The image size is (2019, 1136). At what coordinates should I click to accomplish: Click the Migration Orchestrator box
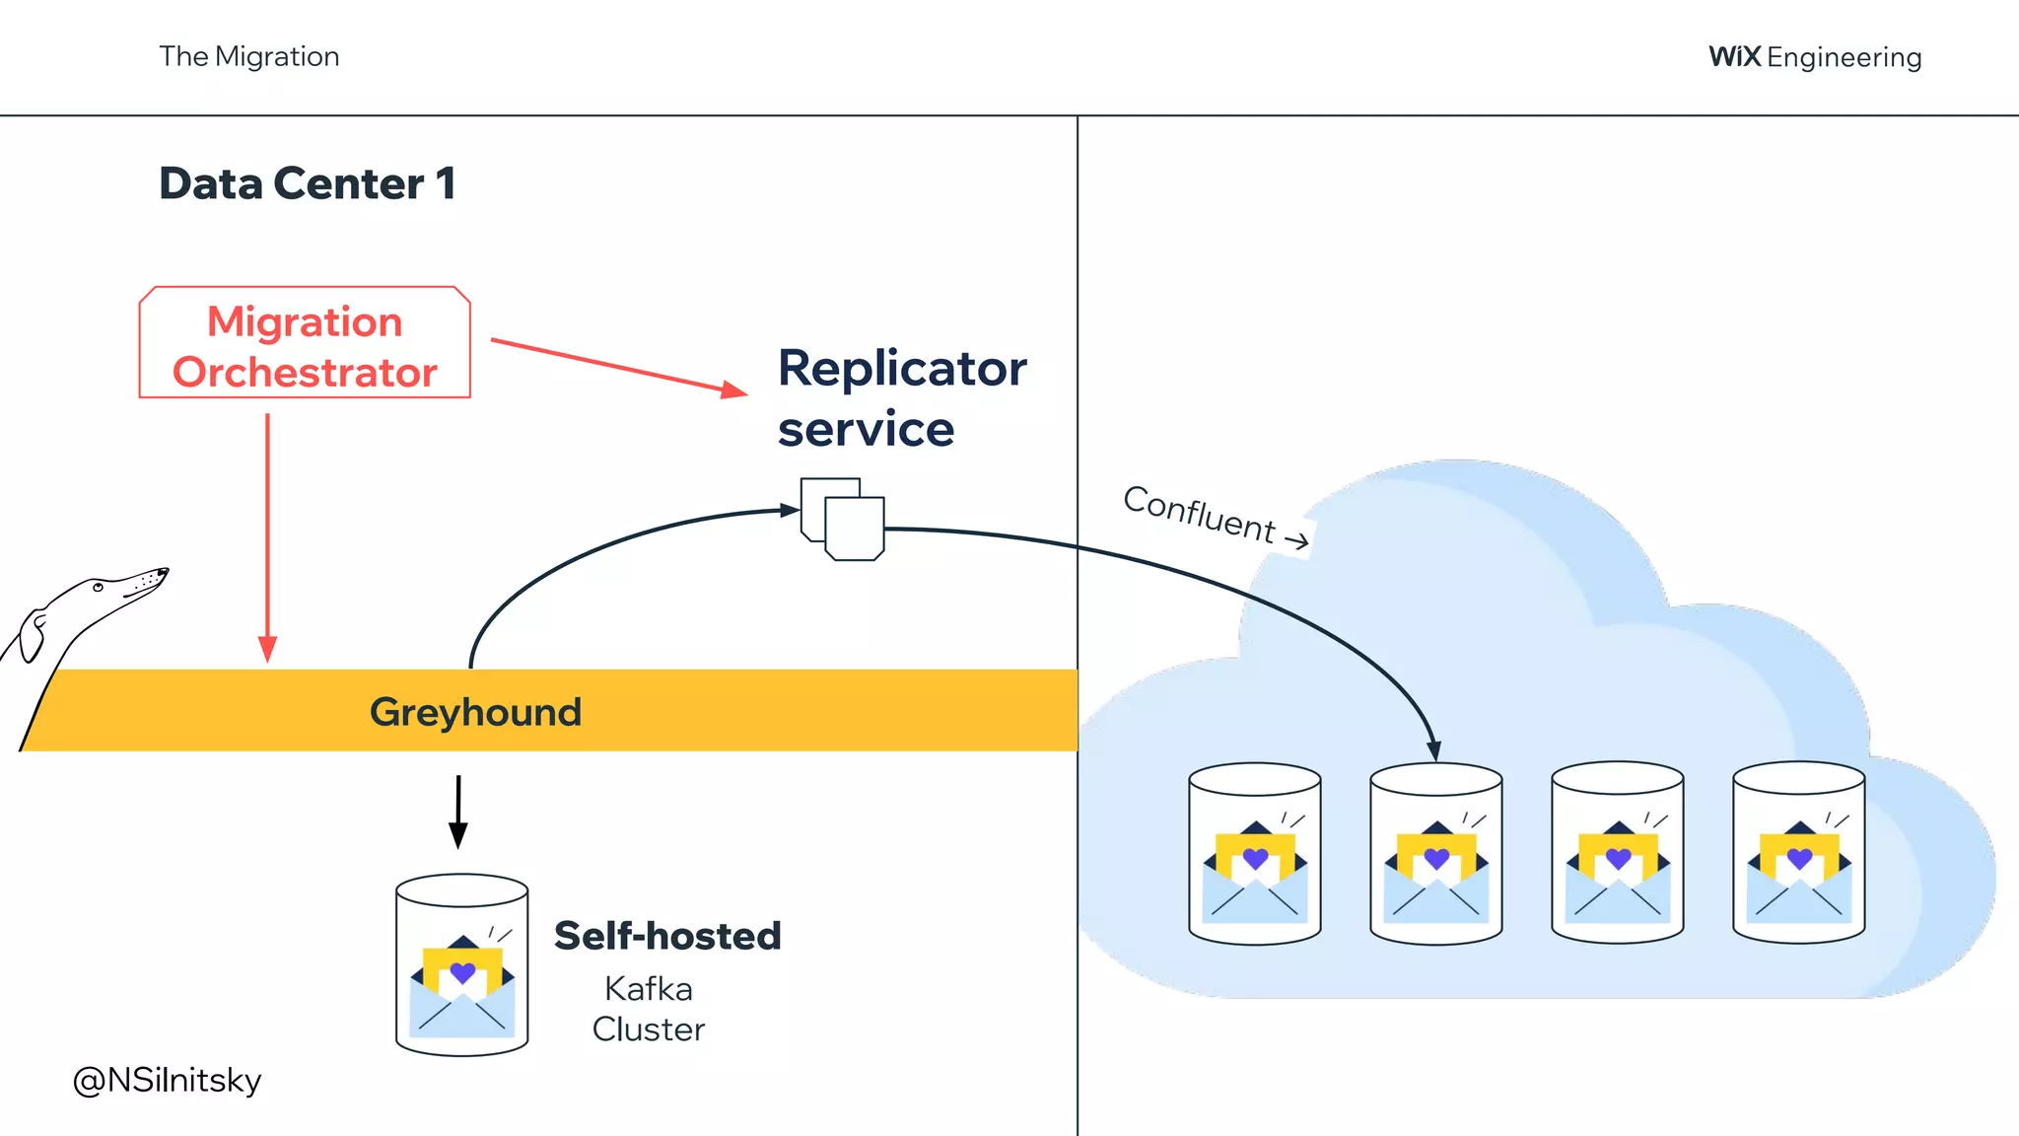(305, 343)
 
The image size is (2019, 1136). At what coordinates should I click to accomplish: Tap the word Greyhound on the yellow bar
(475, 712)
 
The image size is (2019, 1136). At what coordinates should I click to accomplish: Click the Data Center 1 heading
(307, 183)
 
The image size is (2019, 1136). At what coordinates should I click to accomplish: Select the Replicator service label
(900, 397)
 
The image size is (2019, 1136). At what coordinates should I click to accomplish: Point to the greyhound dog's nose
(165, 571)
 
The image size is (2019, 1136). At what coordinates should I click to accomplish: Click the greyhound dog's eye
(98, 588)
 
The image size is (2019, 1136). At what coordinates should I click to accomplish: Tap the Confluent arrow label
(1215, 517)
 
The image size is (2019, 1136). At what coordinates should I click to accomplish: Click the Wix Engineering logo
(1814, 57)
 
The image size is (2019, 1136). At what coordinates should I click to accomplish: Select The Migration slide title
(249, 57)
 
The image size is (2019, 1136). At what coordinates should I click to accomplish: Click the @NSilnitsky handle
(167, 1080)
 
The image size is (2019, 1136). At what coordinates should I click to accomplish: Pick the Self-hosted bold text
(667, 936)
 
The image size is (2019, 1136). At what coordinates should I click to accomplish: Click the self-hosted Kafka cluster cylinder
(461, 964)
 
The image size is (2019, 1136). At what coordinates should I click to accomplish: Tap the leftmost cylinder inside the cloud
(1254, 853)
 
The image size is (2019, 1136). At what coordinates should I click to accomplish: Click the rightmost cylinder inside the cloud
(1798, 853)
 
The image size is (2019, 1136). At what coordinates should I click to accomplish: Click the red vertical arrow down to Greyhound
(267, 537)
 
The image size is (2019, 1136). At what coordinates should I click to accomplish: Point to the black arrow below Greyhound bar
(458, 812)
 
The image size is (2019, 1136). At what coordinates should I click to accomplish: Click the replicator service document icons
(843, 520)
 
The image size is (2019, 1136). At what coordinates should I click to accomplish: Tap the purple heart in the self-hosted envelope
(462, 972)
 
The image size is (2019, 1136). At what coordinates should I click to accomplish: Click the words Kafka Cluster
(648, 1009)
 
